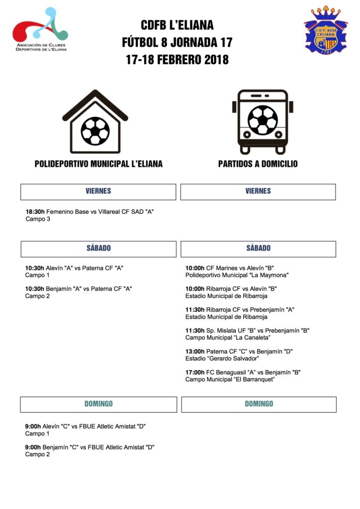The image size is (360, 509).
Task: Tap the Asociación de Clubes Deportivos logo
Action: click(40, 29)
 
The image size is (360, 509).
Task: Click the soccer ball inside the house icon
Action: click(95, 131)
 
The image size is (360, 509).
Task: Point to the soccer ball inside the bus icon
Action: click(263, 120)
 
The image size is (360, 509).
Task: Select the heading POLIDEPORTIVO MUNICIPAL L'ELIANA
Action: click(98, 164)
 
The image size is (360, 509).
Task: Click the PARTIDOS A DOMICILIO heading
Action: click(258, 164)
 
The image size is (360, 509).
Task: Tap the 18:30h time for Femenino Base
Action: click(35, 212)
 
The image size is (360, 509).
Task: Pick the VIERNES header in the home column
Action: click(98, 191)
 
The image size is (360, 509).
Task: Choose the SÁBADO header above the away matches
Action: click(258, 249)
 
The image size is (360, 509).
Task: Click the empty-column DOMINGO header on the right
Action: click(259, 404)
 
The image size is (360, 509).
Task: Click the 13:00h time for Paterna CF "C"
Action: click(195, 351)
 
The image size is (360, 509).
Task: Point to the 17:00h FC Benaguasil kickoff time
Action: click(195, 372)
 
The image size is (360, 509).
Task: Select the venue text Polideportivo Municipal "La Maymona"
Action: click(237, 275)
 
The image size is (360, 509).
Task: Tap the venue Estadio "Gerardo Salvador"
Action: click(222, 358)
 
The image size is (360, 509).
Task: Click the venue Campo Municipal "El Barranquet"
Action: click(230, 379)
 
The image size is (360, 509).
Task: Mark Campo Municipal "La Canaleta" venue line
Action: click(228, 338)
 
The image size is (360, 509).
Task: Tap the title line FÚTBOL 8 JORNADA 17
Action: click(177, 42)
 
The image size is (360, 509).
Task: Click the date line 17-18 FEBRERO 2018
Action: click(177, 60)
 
